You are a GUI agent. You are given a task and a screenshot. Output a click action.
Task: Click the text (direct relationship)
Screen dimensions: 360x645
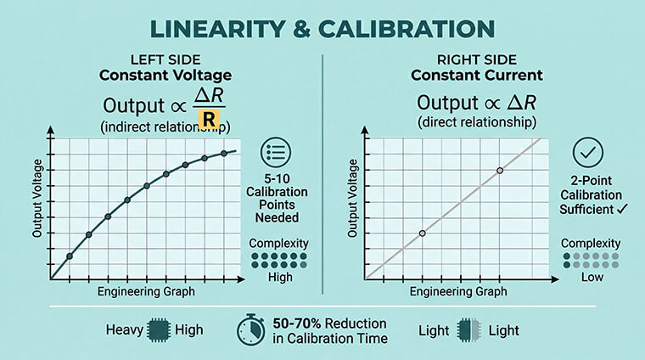[x=476, y=122]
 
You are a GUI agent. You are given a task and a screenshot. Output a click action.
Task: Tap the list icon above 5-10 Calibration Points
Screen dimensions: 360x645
[x=278, y=154]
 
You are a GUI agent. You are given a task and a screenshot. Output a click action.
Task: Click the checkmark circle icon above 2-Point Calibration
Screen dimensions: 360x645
[x=588, y=153]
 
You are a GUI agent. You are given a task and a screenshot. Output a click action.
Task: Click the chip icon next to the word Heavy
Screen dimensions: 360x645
[x=159, y=329]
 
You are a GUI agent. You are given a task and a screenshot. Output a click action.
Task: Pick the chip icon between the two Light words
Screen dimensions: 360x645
[x=463, y=329]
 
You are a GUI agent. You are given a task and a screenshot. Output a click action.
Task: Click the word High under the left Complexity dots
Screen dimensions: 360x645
[x=279, y=276]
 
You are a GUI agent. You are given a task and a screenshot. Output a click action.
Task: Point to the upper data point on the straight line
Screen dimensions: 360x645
[x=500, y=171]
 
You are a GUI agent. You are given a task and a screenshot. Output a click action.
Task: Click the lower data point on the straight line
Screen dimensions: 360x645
[x=422, y=233]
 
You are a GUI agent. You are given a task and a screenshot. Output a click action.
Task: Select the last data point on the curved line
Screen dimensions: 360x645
[x=224, y=153]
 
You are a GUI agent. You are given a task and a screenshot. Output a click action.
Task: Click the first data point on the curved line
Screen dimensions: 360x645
[x=70, y=256]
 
